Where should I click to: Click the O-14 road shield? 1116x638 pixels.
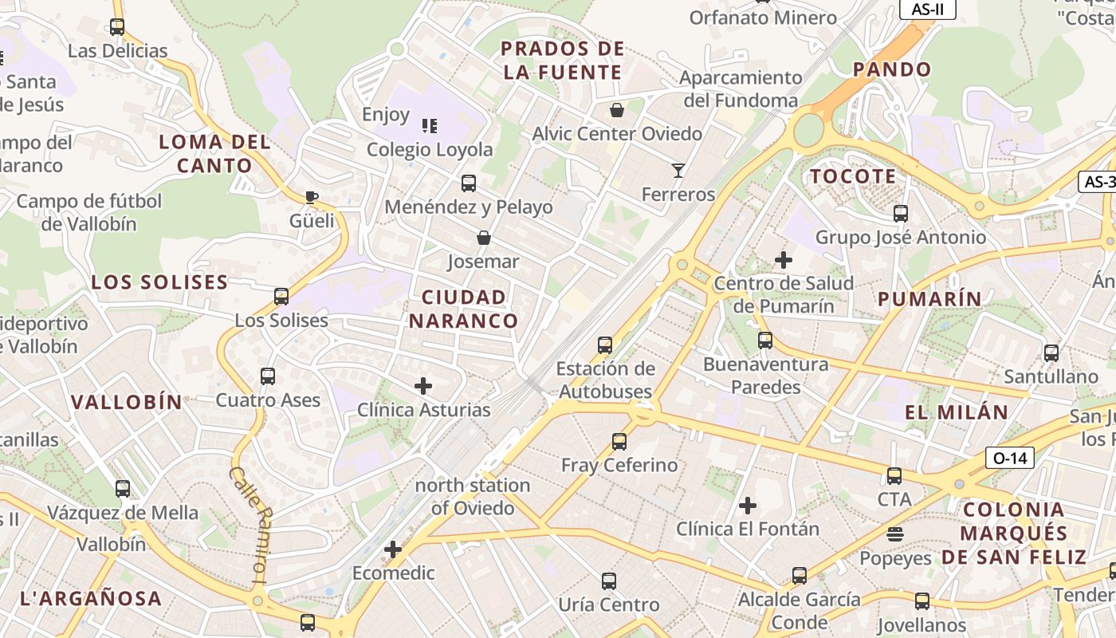point(1010,458)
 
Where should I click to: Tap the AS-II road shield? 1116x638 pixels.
point(927,9)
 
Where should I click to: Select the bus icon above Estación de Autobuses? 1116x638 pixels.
point(605,345)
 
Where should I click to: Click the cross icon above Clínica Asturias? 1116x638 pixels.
point(423,387)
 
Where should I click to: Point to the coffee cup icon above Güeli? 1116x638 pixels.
point(312,197)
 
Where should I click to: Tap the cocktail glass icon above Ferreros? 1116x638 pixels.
point(678,170)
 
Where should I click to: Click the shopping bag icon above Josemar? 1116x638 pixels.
point(483,238)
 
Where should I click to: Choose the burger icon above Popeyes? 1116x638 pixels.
point(895,534)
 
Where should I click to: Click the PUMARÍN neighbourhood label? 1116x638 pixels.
point(929,299)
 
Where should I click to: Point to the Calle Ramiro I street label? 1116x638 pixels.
point(248,518)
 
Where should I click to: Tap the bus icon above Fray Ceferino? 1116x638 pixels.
point(619,441)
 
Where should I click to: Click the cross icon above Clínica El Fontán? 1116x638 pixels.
point(748,505)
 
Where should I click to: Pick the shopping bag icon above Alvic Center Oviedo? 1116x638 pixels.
point(616,110)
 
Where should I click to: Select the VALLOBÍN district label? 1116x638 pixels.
point(127,402)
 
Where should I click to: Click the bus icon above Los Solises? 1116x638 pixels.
point(281,297)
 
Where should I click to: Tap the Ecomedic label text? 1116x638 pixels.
point(394,573)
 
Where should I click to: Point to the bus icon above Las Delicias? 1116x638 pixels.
point(117,27)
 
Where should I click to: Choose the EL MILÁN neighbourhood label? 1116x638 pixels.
point(957,412)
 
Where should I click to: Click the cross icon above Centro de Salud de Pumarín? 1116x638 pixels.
point(784,259)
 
